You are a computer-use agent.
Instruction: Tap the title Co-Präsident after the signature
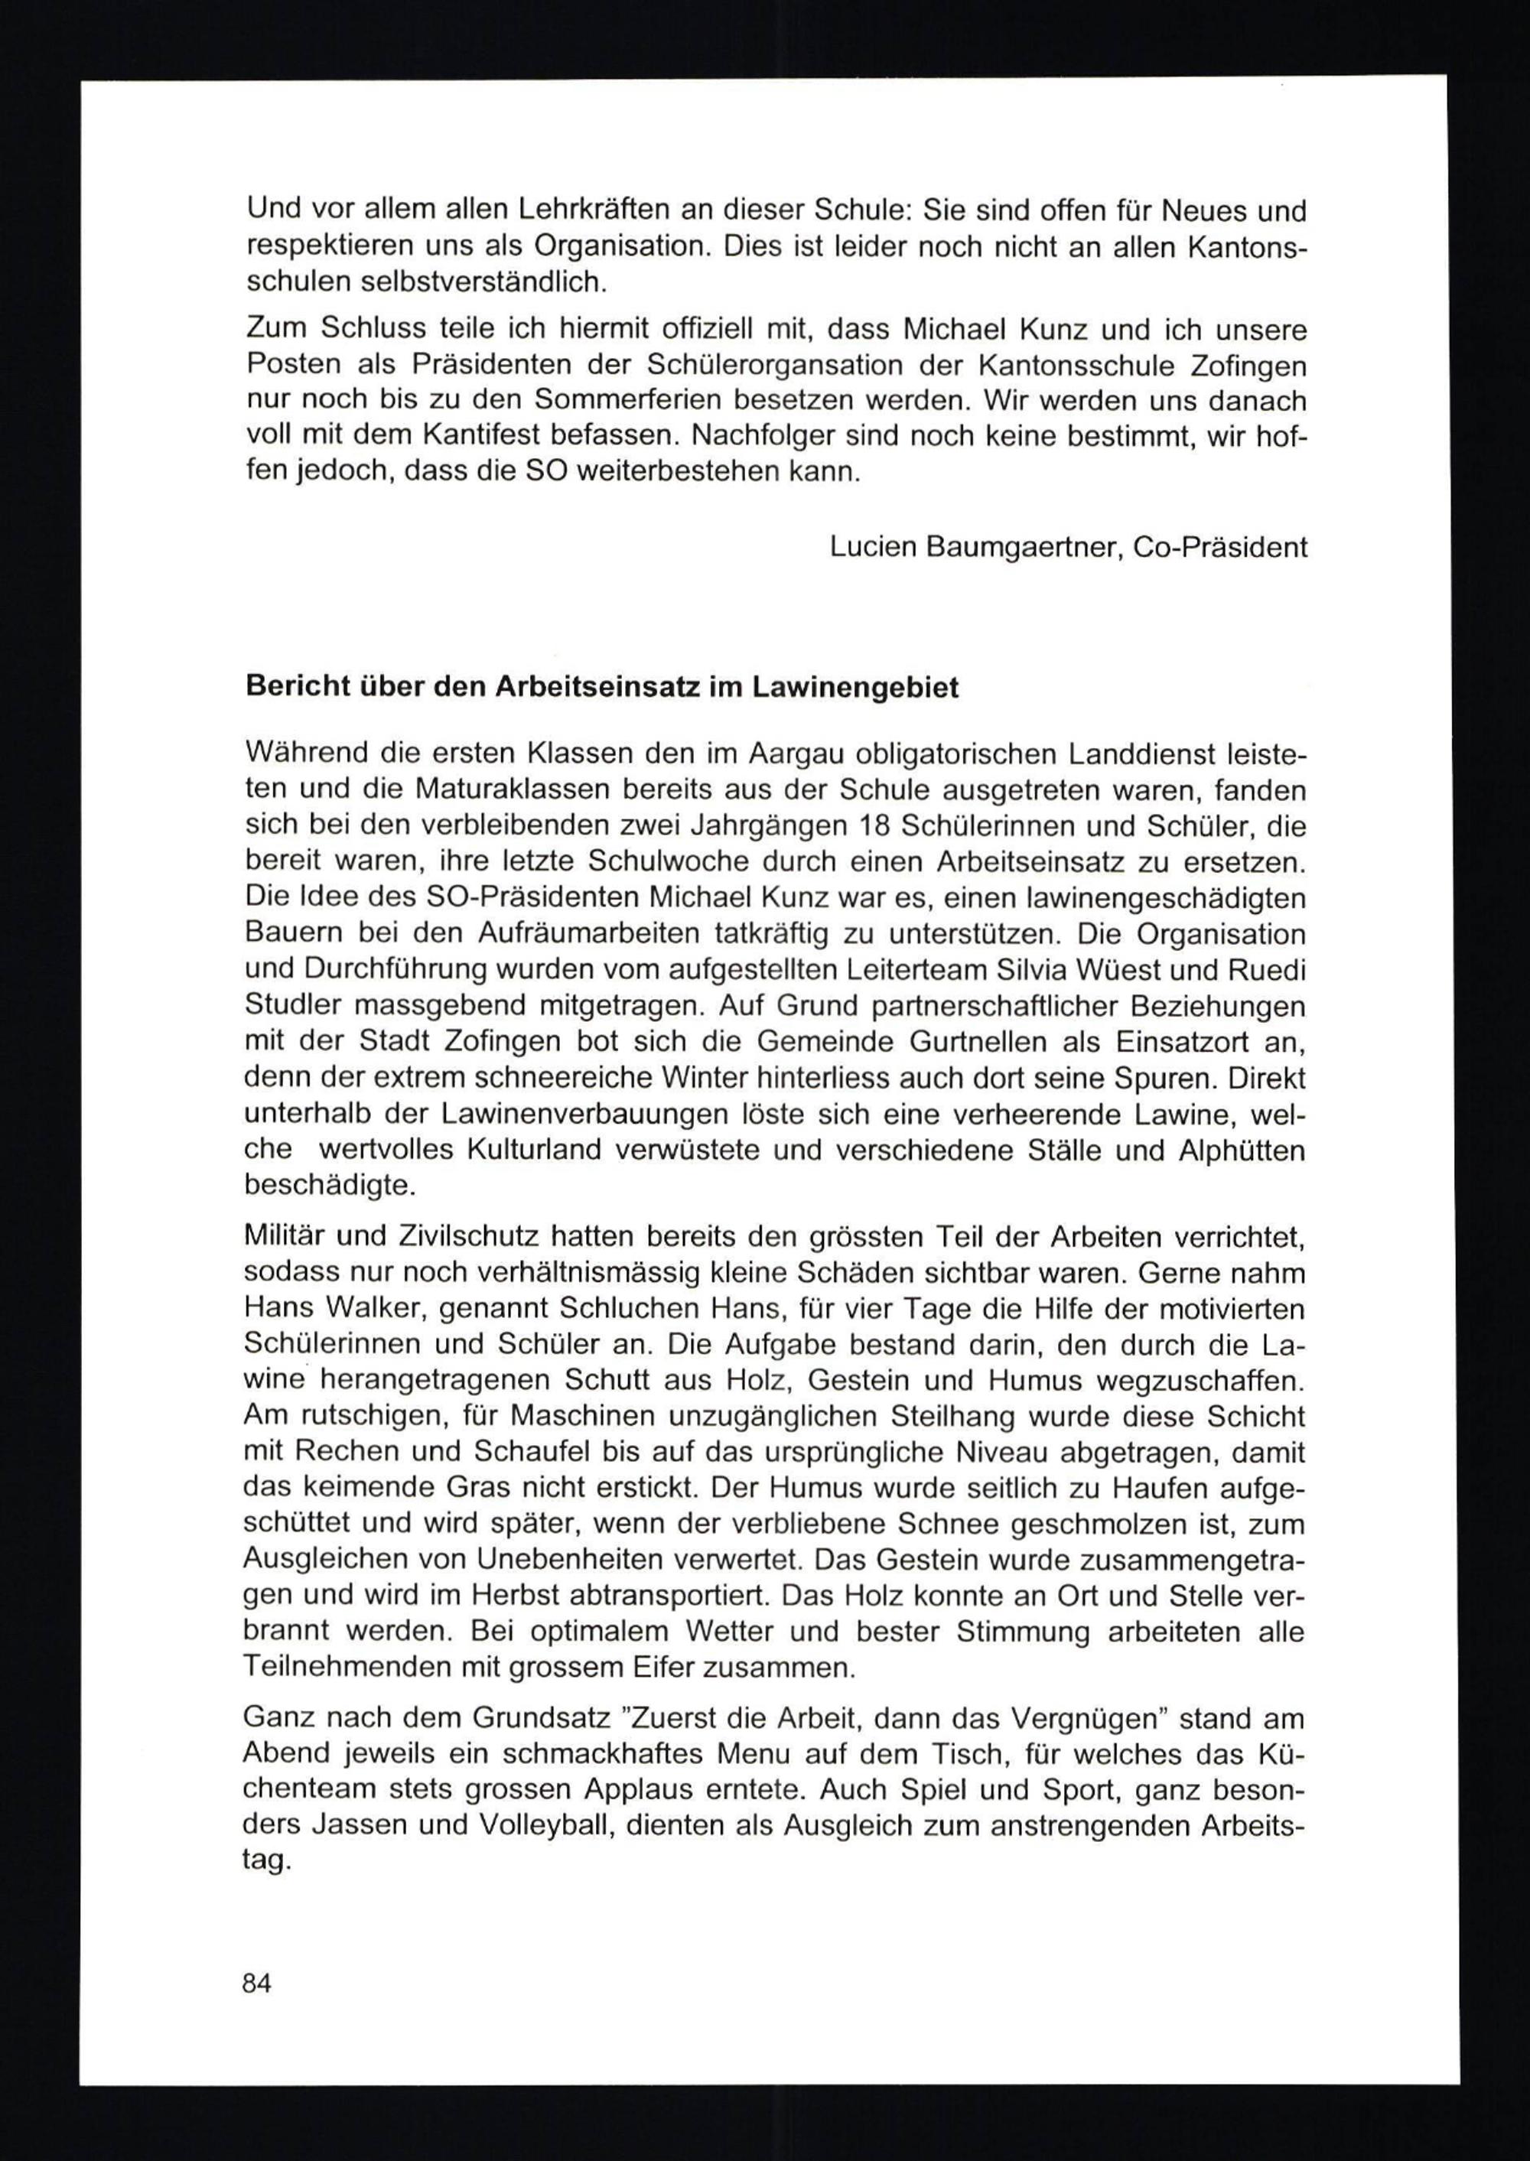tap(1219, 546)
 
